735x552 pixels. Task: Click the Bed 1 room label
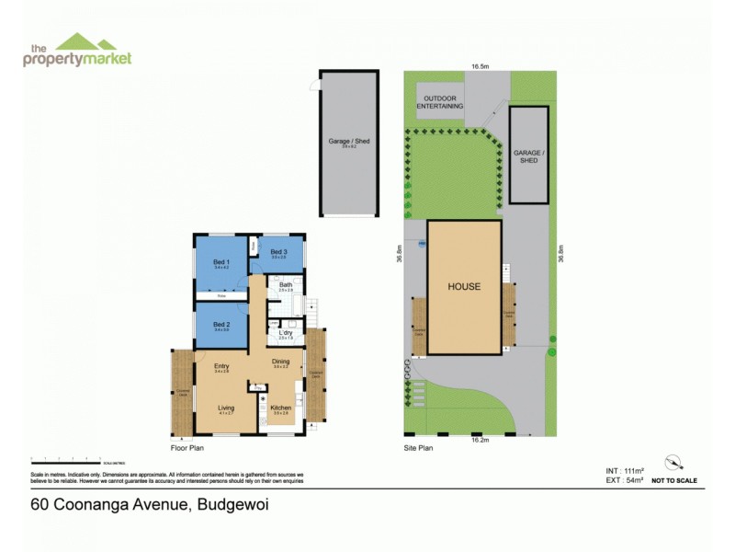click(x=220, y=263)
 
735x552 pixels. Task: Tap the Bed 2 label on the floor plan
click(x=220, y=324)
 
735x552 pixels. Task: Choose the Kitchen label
click(x=281, y=407)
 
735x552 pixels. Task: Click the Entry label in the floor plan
click(x=221, y=367)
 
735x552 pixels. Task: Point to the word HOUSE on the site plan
click(x=464, y=286)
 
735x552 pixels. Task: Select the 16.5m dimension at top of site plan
click(x=480, y=67)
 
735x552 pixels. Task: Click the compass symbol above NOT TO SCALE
click(x=674, y=463)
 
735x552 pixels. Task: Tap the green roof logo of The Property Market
click(x=85, y=41)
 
